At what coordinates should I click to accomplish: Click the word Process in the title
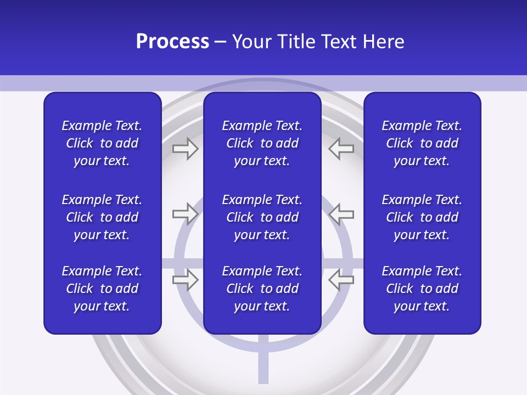(x=172, y=42)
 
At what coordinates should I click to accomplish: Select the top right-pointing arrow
(x=185, y=149)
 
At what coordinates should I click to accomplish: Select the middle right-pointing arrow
(x=185, y=214)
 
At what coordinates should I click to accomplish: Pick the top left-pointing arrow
(x=341, y=149)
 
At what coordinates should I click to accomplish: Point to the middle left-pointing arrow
(x=341, y=214)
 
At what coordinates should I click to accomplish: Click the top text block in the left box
(x=102, y=143)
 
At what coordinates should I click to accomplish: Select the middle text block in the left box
(x=102, y=217)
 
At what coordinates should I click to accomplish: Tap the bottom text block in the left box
(x=102, y=289)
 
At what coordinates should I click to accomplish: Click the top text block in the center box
(x=262, y=143)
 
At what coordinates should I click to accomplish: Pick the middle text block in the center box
(x=262, y=217)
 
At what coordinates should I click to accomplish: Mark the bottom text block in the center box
(x=262, y=289)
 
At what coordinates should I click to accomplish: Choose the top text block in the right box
(x=422, y=143)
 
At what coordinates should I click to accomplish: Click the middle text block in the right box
(x=422, y=217)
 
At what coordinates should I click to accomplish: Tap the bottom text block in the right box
(x=422, y=289)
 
